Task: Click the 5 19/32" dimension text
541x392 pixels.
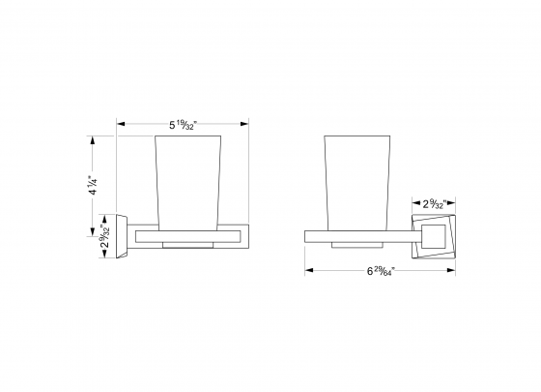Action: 184,124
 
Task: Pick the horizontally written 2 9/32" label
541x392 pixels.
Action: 433,203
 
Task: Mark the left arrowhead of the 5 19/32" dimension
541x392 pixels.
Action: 121,123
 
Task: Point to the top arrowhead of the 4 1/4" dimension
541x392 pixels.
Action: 94,138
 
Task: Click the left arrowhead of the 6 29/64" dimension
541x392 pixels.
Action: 309,271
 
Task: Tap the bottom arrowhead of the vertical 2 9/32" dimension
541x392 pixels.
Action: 94,256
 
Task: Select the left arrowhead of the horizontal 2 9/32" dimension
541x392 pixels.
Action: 413,203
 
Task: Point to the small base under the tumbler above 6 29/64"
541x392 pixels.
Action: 350,244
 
